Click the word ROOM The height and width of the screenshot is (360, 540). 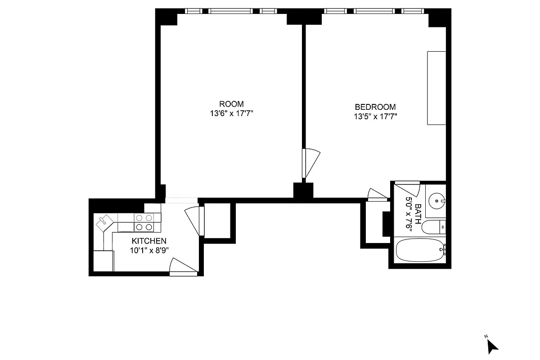pyautogui.click(x=232, y=104)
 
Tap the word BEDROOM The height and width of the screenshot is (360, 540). pyautogui.click(x=375, y=107)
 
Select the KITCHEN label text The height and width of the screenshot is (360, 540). pyautogui.click(x=149, y=241)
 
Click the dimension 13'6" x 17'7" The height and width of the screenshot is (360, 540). pyautogui.click(x=232, y=114)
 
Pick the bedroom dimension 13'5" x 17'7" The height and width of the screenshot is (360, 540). pyautogui.click(x=375, y=117)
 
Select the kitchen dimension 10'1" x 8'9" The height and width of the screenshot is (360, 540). pyautogui.click(x=149, y=251)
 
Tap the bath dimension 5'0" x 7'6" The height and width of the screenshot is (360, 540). pyautogui.click(x=409, y=214)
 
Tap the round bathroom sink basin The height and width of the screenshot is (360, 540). pyautogui.click(x=436, y=199)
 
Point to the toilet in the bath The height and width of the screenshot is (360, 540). pyautogui.click(x=433, y=227)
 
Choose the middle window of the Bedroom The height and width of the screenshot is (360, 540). pyautogui.click(x=374, y=11)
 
